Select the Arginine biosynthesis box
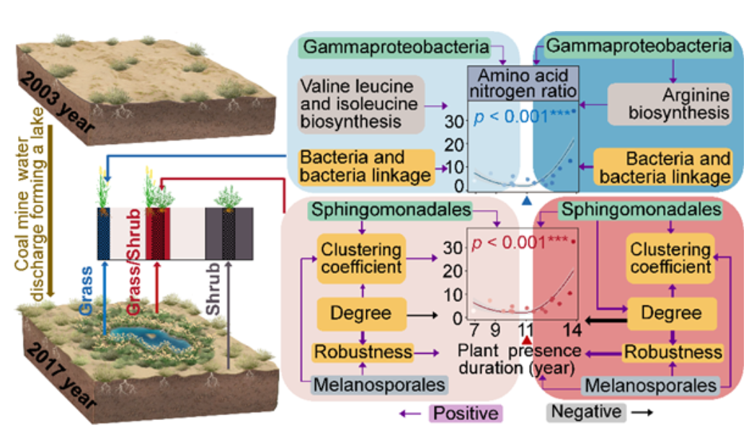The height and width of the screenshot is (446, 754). pos(668,104)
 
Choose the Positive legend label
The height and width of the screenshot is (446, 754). pos(465,413)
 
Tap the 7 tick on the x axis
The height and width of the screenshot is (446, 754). pos(474,331)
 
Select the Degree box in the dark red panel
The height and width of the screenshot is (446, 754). pos(671,313)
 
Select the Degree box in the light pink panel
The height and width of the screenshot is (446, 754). pos(360,313)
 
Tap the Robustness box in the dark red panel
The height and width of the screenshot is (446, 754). pos(672,352)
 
